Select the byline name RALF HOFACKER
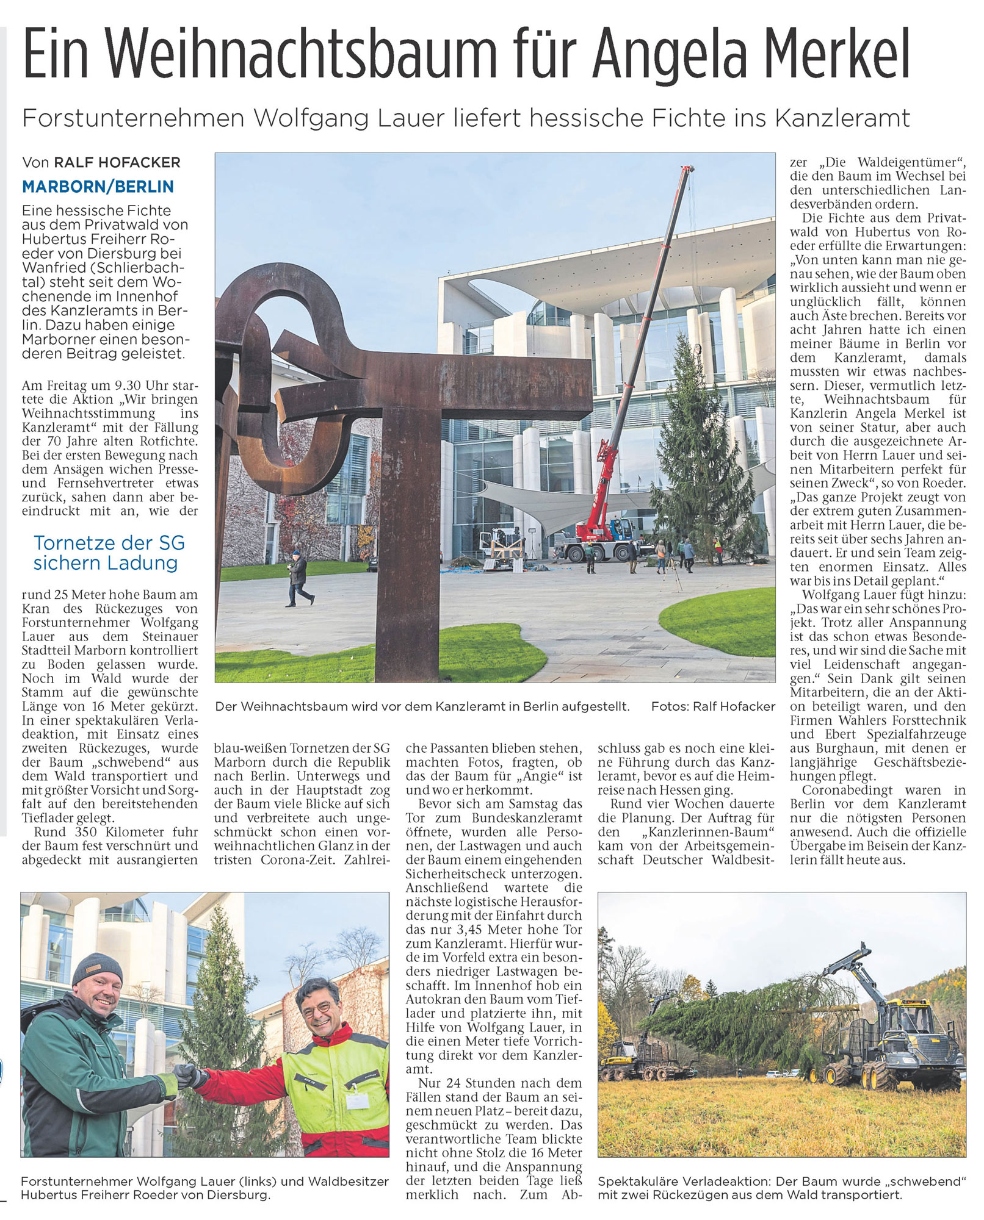click(x=117, y=162)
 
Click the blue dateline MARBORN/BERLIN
click(x=98, y=187)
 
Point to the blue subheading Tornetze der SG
click(x=109, y=543)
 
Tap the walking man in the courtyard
click(x=298, y=578)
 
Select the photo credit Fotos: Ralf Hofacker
click(x=713, y=706)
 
